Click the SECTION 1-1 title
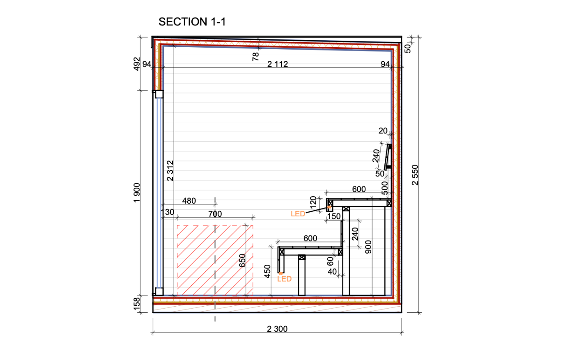pyautogui.click(x=192, y=22)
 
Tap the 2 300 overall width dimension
pyautogui.click(x=277, y=329)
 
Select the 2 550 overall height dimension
pyautogui.click(x=415, y=175)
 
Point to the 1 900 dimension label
pyautogui.click(x=137, y=193)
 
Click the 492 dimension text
pyautogui.click(x=137, y=64)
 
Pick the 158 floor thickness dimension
pyautogui.click(x=137, y=304)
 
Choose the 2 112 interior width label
pyautogui.click(x=278, y=64)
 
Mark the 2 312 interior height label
pyautogui.click(x=170, y=171)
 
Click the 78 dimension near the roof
pyautogui.click(x=255, y=57)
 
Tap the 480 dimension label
pyautogui.click(x=189, y=201)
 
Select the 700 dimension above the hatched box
pyautogui.click(x=215, y=214)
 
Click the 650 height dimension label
pyautogui.click(x=242, y=260)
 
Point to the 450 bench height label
pyautogui.click(x=267, y=271)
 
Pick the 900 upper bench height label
pyautogui.click(x=368, y=247)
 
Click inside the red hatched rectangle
pyautogui.click(x=215, y=260)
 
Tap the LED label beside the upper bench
pyautogui.click(x=298, y=214)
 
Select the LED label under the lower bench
pyautogui.click(x=284, y=279)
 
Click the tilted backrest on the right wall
pyautogui.click(x=388, y=157)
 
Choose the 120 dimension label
pyautogui.click(x=313, y=202)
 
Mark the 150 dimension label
pyautogui.click(x=334, y=216)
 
